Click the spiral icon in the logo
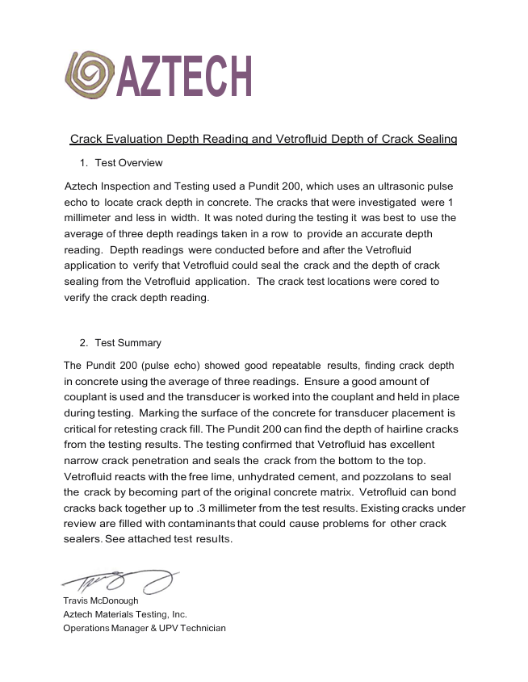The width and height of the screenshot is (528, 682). point(90,75)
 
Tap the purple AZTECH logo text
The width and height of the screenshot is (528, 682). point(185,76)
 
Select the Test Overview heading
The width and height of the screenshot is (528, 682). point(128,163)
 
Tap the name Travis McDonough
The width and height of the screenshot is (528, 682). point(101,600)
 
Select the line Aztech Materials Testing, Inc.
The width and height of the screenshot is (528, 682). point(125,614)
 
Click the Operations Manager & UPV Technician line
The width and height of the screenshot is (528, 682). point(145,628)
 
